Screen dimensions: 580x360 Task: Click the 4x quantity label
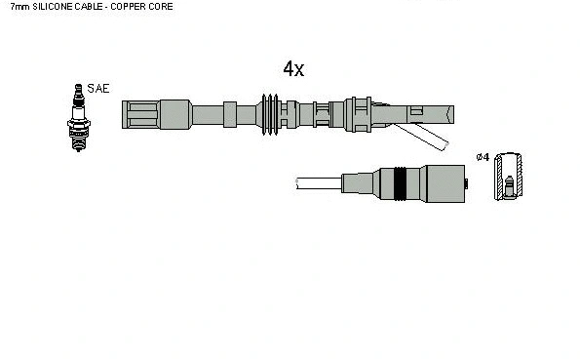pyautogui.click(x=293, y=68)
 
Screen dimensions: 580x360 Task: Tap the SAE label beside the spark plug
pyautogui.click(x=98, y=89)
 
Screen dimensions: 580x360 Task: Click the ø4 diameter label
pyautogui.click(x=482, y=158)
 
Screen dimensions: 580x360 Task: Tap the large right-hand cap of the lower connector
pyautogui.click(x=443, y=182)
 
